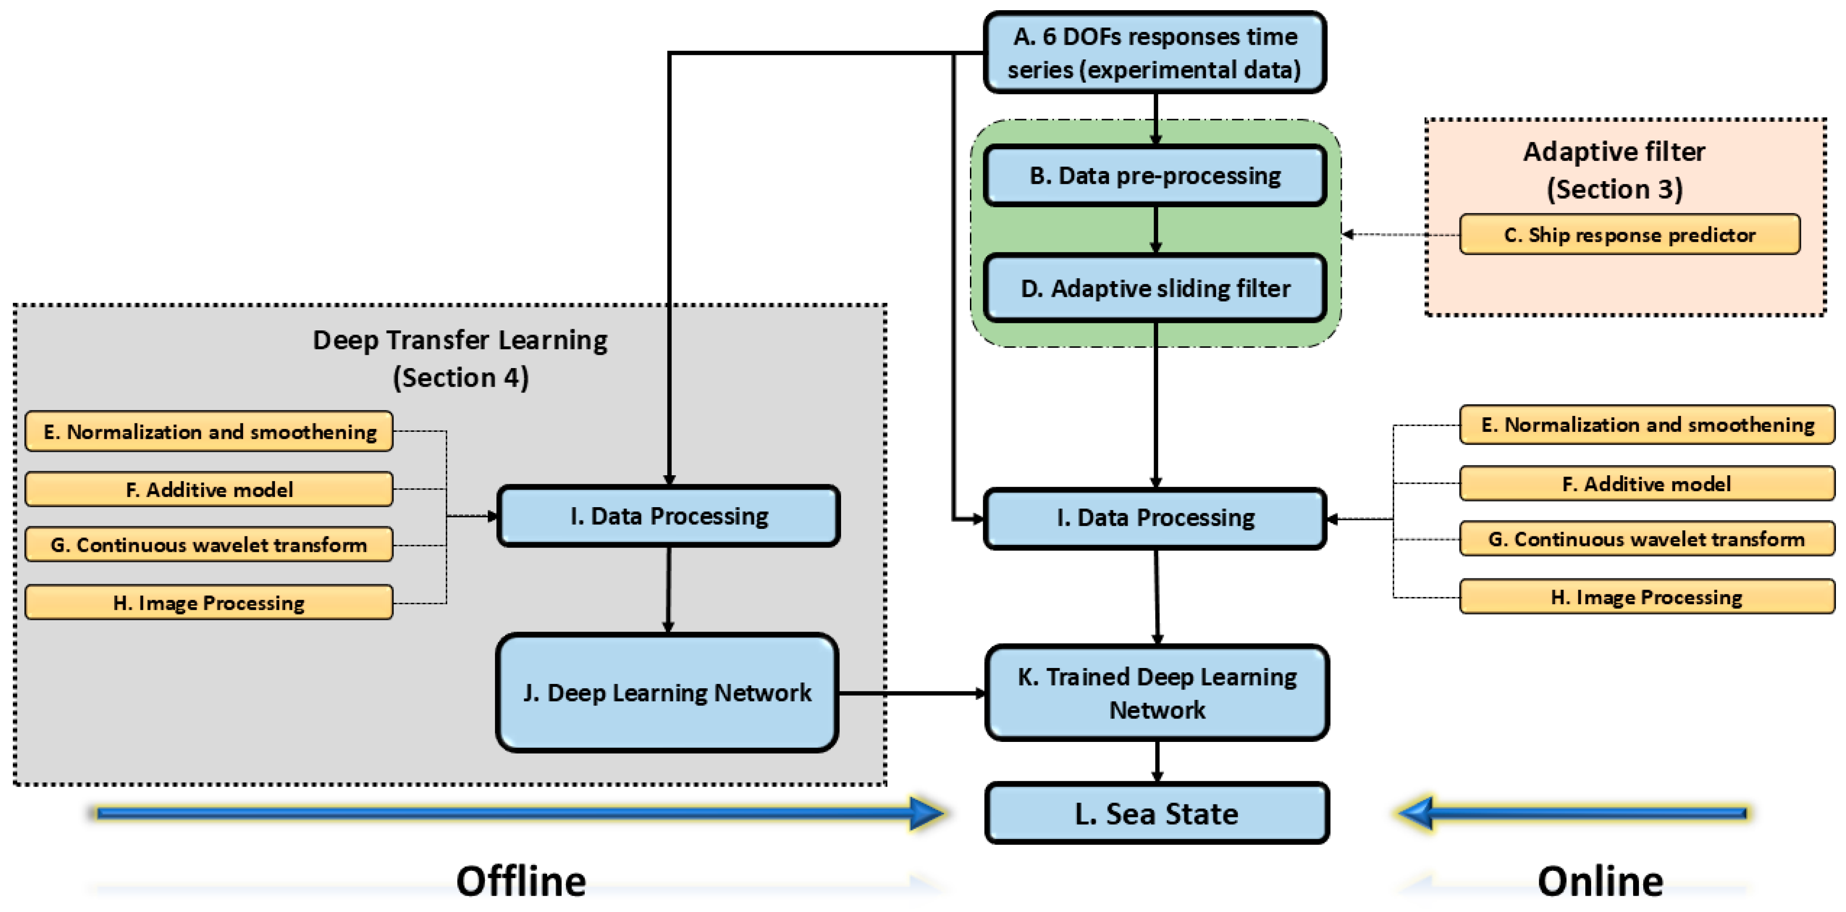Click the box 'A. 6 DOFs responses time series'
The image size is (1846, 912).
point(1155,52)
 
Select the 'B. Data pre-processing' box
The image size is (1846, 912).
point(1155,176)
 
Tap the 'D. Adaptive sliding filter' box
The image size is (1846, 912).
point(1155,288)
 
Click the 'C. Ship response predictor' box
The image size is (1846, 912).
point(1629,234)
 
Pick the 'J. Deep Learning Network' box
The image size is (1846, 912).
point(667,693)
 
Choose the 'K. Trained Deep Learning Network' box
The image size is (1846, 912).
point(1157,693)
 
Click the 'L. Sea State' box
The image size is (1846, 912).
point(1157,813)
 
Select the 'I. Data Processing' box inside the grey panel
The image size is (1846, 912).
point(668,516)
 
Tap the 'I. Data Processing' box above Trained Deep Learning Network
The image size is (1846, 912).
point(1155,518)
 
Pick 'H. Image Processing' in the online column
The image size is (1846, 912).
point(1646,597)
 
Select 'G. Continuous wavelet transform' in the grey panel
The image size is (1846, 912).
point(209,545)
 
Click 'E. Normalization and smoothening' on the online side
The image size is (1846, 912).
point(1646,424)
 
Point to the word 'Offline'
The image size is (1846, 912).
point(521,881)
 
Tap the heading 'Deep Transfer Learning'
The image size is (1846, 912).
point(460,340)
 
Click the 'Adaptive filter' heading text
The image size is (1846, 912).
point(1614,152)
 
